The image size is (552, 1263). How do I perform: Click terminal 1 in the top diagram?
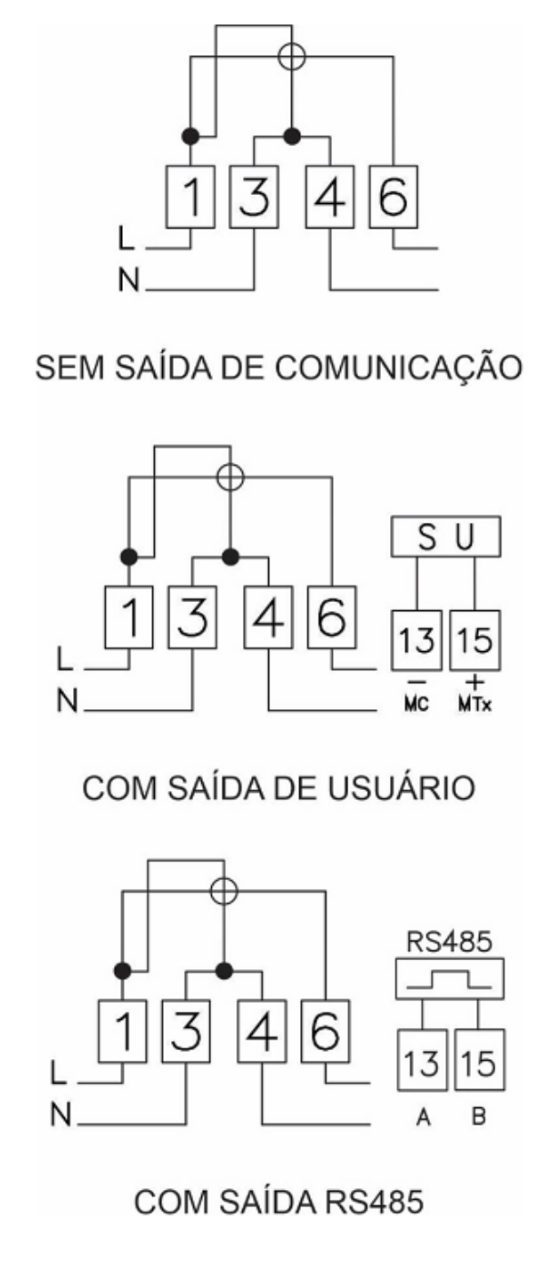(191, 197)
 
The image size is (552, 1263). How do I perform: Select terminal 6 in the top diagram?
(394, 197)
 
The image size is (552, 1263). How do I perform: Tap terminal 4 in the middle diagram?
(268, 617)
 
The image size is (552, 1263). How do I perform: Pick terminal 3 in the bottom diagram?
(186, 1031)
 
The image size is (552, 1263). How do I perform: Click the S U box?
(445, 536)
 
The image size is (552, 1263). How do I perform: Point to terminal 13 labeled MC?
(417, 640)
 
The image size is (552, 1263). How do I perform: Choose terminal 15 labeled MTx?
(475, 640)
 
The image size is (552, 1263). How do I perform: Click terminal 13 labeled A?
(422, 1060)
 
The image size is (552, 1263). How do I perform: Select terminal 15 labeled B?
(480, 1060)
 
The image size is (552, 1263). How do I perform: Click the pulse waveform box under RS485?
(450, 979)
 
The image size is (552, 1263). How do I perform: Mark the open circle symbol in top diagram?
(292, 56)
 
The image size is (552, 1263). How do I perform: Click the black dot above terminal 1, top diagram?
(191, 136)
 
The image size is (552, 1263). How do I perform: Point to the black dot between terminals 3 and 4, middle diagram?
(230, 557)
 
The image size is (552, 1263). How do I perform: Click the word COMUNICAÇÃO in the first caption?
(399, 368)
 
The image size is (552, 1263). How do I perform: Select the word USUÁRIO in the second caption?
(401, 788)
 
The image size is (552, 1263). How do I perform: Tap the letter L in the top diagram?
(126, 238)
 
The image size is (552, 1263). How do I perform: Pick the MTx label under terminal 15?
(475, 705)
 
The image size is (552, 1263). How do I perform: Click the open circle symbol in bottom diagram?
(223, 891)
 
